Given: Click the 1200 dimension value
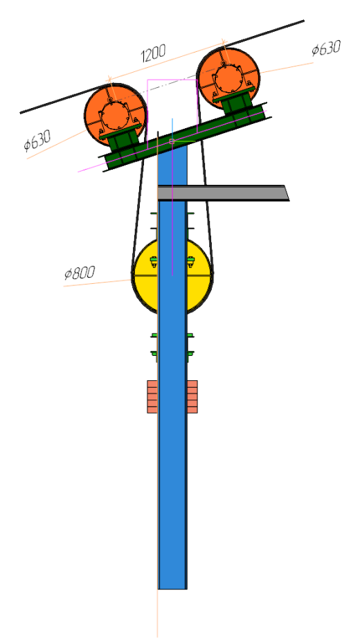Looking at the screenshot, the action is tap(153, 53).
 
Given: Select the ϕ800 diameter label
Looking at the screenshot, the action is tap(80, 273).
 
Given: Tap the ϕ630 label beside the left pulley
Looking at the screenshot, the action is tap(37, 140).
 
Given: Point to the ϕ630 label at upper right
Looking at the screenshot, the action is tap(326, 48).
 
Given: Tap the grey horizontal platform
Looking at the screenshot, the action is tap(224, 193).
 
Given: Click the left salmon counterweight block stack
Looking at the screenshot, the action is tap(152, 396).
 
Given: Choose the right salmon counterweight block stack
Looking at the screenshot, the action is tap(192, 396).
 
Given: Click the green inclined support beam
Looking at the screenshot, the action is tap(186, 137).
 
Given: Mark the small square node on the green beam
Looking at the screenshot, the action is tap(172, 141).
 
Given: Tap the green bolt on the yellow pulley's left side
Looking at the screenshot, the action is tap(154, 262).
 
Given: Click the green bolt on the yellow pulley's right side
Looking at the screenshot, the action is tap(190, 262).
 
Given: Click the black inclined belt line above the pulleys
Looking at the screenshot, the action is tap(162, 66).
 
